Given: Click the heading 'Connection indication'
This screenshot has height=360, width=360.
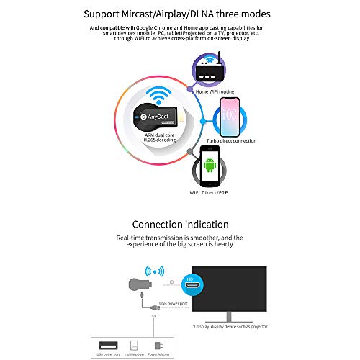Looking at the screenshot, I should [180, 225].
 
